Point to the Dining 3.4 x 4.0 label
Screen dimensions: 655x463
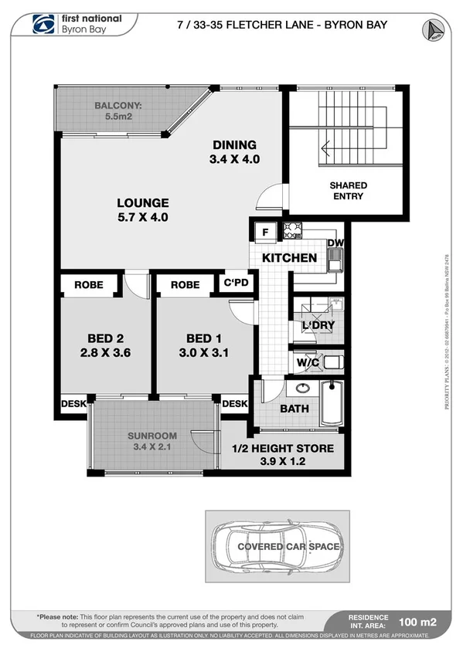(233, 153)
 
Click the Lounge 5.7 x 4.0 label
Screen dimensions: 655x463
(142, 210)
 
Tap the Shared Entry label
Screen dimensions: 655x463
(348, 191)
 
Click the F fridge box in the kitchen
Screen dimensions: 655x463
(264, 230)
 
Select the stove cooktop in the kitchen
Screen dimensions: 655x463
(293, 230)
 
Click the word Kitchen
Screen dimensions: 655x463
(289, 258)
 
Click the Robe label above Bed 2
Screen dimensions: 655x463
(89, 285)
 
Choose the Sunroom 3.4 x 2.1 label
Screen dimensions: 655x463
(152, 441)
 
